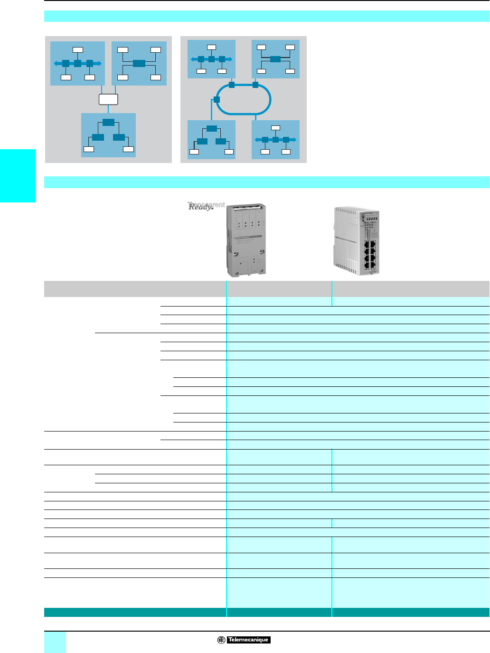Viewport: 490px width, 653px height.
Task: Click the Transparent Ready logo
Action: click(x=206, y=206)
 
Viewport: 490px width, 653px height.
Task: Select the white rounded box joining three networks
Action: click(x=108, y=99)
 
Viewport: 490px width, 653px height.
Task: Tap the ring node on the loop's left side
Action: click(x=217, y=99)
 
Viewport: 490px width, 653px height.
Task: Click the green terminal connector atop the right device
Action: click(x=371, y=218)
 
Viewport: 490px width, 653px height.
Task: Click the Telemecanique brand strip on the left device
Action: click(x=249, y=237)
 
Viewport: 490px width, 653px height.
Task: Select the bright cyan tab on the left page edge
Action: click(x=18, y=175)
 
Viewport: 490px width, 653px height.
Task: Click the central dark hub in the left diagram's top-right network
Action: click(x=139, y=63)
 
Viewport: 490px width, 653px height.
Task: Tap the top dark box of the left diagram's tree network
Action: click(x=108, y=122)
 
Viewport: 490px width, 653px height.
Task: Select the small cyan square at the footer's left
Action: click(x=55, y=642)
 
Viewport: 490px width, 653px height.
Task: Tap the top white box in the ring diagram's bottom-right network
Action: click(x=275, y=128)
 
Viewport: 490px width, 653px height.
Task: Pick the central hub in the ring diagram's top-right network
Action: click(x=275, y=59)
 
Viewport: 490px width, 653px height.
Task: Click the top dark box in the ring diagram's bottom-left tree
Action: click(x=212, y=128)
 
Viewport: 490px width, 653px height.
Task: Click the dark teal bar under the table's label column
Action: click(x=135, y=612)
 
